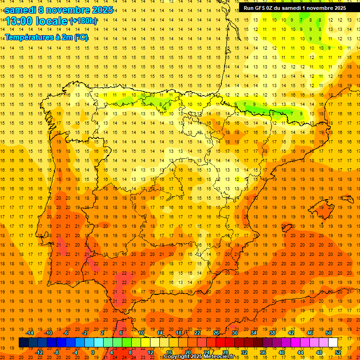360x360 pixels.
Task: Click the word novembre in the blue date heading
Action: point(69,10)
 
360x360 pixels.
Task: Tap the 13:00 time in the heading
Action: point(18,21)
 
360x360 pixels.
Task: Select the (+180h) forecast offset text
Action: point(83,21)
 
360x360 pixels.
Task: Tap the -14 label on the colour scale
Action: point(30,333)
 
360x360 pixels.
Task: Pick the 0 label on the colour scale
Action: point(93,352)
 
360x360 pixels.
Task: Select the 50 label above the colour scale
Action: point(328,333)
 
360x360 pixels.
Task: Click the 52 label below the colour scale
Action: point(338,352)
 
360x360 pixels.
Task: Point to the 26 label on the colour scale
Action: point(216,333)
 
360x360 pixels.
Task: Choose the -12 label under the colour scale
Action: point(39,352)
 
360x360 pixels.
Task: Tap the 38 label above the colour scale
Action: point(272,333)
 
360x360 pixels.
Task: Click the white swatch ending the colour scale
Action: point(333,343)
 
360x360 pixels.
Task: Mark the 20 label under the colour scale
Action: point(188,352)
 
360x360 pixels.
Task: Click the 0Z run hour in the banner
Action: point(273,8)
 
